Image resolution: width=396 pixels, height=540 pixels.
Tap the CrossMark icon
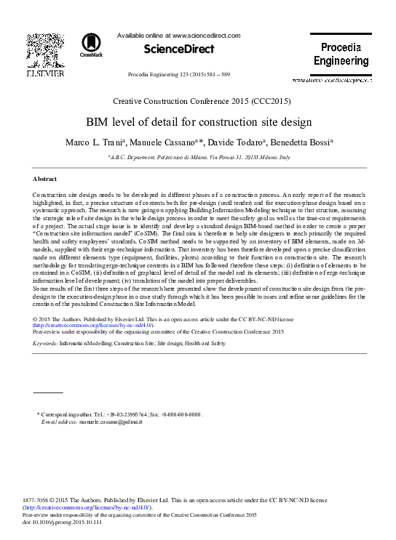tap(92, 45)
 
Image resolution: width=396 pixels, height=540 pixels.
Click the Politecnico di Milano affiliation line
tap(198, 157)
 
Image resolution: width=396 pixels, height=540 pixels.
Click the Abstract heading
tap(46, 179)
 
